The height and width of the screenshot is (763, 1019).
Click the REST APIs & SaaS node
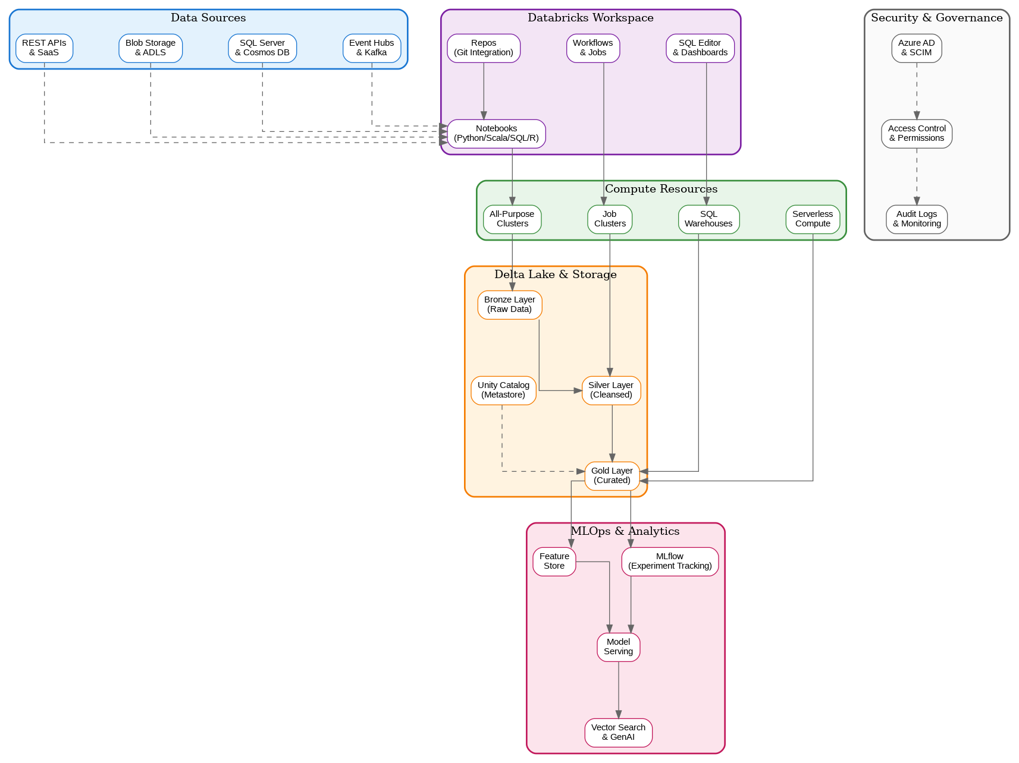(x=44, y=48)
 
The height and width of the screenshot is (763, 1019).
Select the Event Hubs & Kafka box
(x=372, y=48)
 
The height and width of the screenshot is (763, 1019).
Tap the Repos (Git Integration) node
(x=484, y=48)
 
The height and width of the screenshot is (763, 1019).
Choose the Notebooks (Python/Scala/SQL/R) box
(x=496, y=133)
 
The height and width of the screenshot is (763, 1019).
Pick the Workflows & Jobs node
(x=593, y=48)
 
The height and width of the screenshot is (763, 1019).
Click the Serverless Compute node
(x=813, y=219)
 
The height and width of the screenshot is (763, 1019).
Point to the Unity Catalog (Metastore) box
(x=503, y=390)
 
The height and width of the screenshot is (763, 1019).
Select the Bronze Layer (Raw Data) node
(x=510, y=304)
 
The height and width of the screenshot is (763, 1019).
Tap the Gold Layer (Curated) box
(x=612, y=475)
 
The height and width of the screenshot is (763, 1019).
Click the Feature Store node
(x=554, y=561)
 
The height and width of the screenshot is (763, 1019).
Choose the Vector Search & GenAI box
(x=619, y=732)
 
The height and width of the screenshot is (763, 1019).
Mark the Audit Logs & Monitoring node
(x=917, y=219)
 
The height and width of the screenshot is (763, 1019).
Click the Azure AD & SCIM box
(x=917, y=48)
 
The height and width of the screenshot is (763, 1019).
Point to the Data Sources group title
(x=208, y=18)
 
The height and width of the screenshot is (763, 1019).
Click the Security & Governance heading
(x=937, y=18)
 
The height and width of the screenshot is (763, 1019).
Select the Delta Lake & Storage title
(x=556, y=275)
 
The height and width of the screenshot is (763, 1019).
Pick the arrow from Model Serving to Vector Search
(x=619, y=689)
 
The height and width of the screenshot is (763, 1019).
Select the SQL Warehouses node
(x=708, y=219)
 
